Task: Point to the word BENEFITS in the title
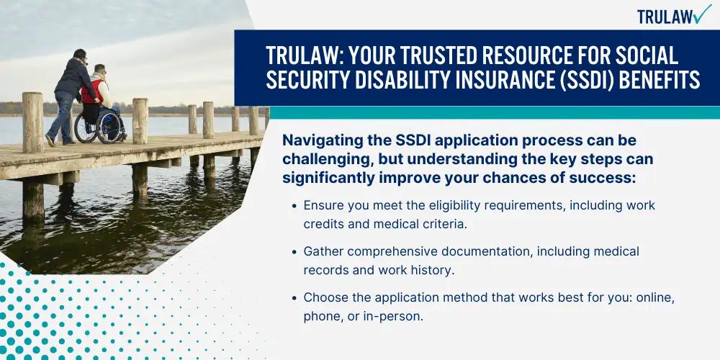click(x=660, y=81)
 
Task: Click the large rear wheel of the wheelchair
click(x=109, y=127)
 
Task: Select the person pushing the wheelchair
click(x=69, y=97)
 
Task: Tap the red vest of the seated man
click(x=91, y=91)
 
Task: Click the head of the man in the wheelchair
click(x=99, y=71)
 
